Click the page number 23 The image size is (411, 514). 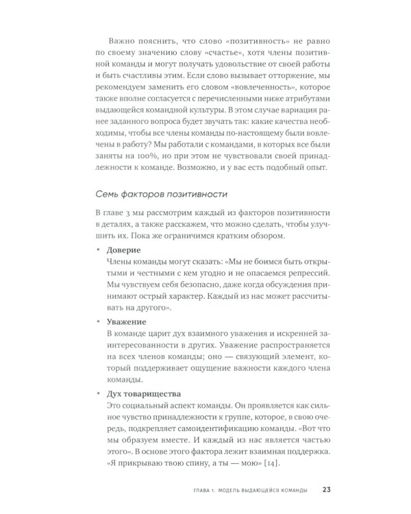click(327, 489)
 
